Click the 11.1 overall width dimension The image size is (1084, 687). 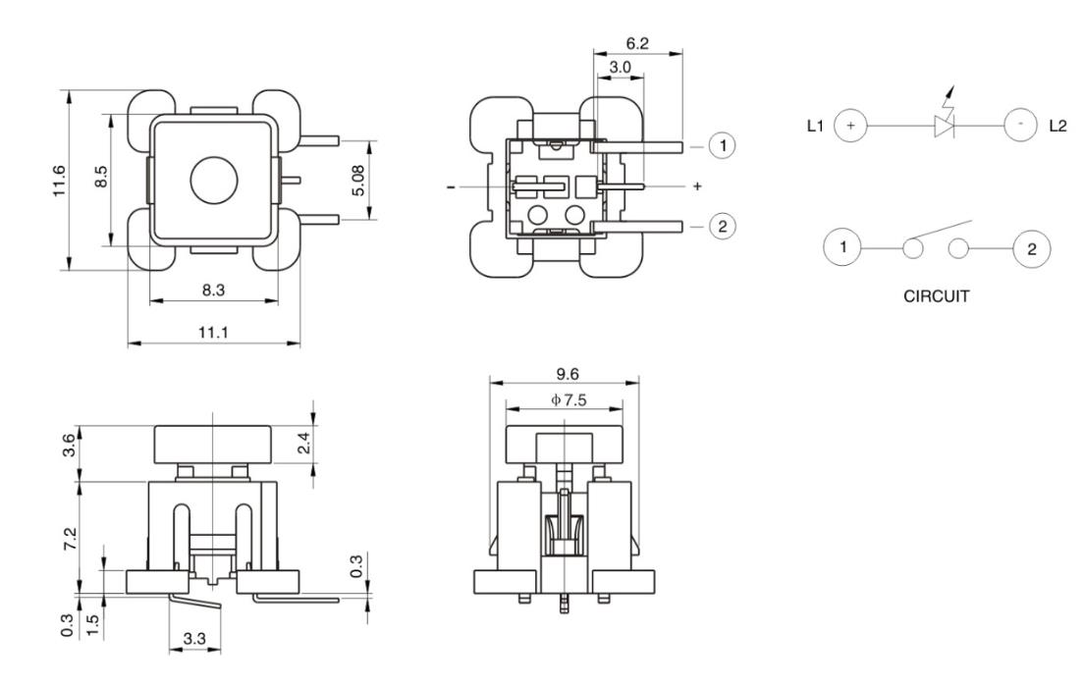(x=213, y=333)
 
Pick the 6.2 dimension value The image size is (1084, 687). (x=637, y=45)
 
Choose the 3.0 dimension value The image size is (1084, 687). (x=621, y=67)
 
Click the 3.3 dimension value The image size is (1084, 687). (x=194, y=639)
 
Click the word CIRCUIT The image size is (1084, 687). (x=935, y=295)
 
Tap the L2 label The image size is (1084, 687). (x=1057, y=126)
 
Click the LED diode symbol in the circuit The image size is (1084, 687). (x=946, y=126)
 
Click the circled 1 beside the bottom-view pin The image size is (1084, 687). (x=722, y=146)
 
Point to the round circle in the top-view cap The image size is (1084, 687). (x=213, y=181)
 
